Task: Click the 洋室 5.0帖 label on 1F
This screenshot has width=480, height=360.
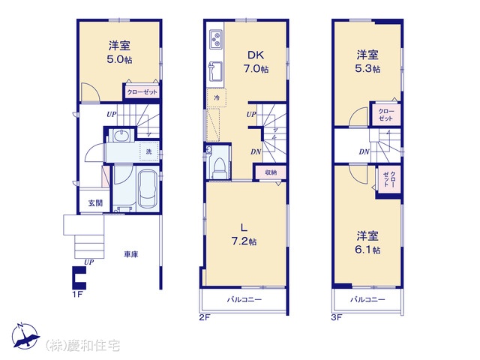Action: [x=119, y=52]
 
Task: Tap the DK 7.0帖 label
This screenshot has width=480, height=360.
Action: [x=256, y=62]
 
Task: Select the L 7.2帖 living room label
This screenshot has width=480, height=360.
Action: [x=244, y=235]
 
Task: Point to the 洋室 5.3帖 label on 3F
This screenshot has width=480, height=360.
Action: [x=367, y=61]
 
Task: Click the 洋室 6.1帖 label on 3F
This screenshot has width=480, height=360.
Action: [x=367, y=242]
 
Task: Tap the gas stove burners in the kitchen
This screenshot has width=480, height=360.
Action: [x=216, y=39]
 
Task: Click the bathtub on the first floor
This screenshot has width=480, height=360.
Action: [x=148, y=189]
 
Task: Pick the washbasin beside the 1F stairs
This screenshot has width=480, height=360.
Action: [x=121, y=136]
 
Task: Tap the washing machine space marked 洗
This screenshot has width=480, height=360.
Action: [x=149, y=151]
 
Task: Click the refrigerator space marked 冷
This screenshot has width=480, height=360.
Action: [x=217, y=98]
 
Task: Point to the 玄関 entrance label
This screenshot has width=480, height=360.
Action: [x=95, y=203]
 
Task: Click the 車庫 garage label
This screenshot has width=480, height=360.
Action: [x=131, y=254]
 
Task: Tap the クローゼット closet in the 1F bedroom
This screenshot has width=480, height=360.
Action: [x=142, y=91]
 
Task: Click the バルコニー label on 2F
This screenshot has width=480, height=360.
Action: [x=244, y=299]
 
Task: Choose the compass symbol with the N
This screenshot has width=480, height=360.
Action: [x=25, y=336]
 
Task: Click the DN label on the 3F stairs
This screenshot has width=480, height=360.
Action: [x=364, y=151]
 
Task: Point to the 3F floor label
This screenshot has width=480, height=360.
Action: [x=337, y=317]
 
